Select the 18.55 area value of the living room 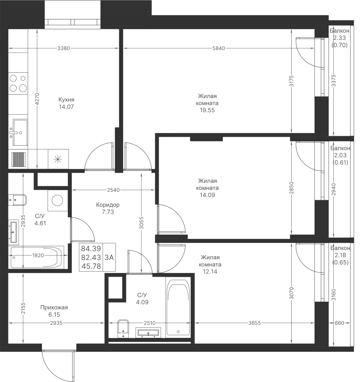[x=208, y=110]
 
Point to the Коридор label [x=108, y=205]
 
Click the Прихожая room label [x=54, y=307]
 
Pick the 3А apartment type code [x=109, y=257]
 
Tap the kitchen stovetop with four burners [x=18, y=83]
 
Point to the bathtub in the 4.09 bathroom [x=178, y=307]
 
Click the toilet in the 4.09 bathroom [x=123, y=327]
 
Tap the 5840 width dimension [x=218, y=48]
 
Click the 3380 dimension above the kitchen [x=64, y=48]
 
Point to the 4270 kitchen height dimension [x=37, y=99]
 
